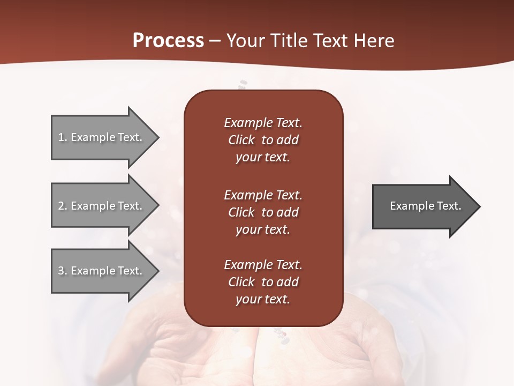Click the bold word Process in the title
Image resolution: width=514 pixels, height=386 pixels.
(x=168, y=41)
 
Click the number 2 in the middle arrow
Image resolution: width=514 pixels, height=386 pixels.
(x=61, y=206)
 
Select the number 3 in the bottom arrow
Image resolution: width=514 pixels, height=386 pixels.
(x=61, y=271)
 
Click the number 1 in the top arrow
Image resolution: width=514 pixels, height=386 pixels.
(x=61, y=137)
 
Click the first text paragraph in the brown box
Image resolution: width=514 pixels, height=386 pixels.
(x=263, y=140)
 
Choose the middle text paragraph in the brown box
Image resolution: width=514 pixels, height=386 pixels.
(x=263, y=212)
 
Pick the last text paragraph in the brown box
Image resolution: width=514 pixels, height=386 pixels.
(x=263, y=282)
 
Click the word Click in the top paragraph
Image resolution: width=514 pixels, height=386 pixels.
(x=241, y=140)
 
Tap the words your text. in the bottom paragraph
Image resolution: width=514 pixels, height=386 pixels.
(x=263, y=299)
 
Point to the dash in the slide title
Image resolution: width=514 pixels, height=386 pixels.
(x=215, y=41)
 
